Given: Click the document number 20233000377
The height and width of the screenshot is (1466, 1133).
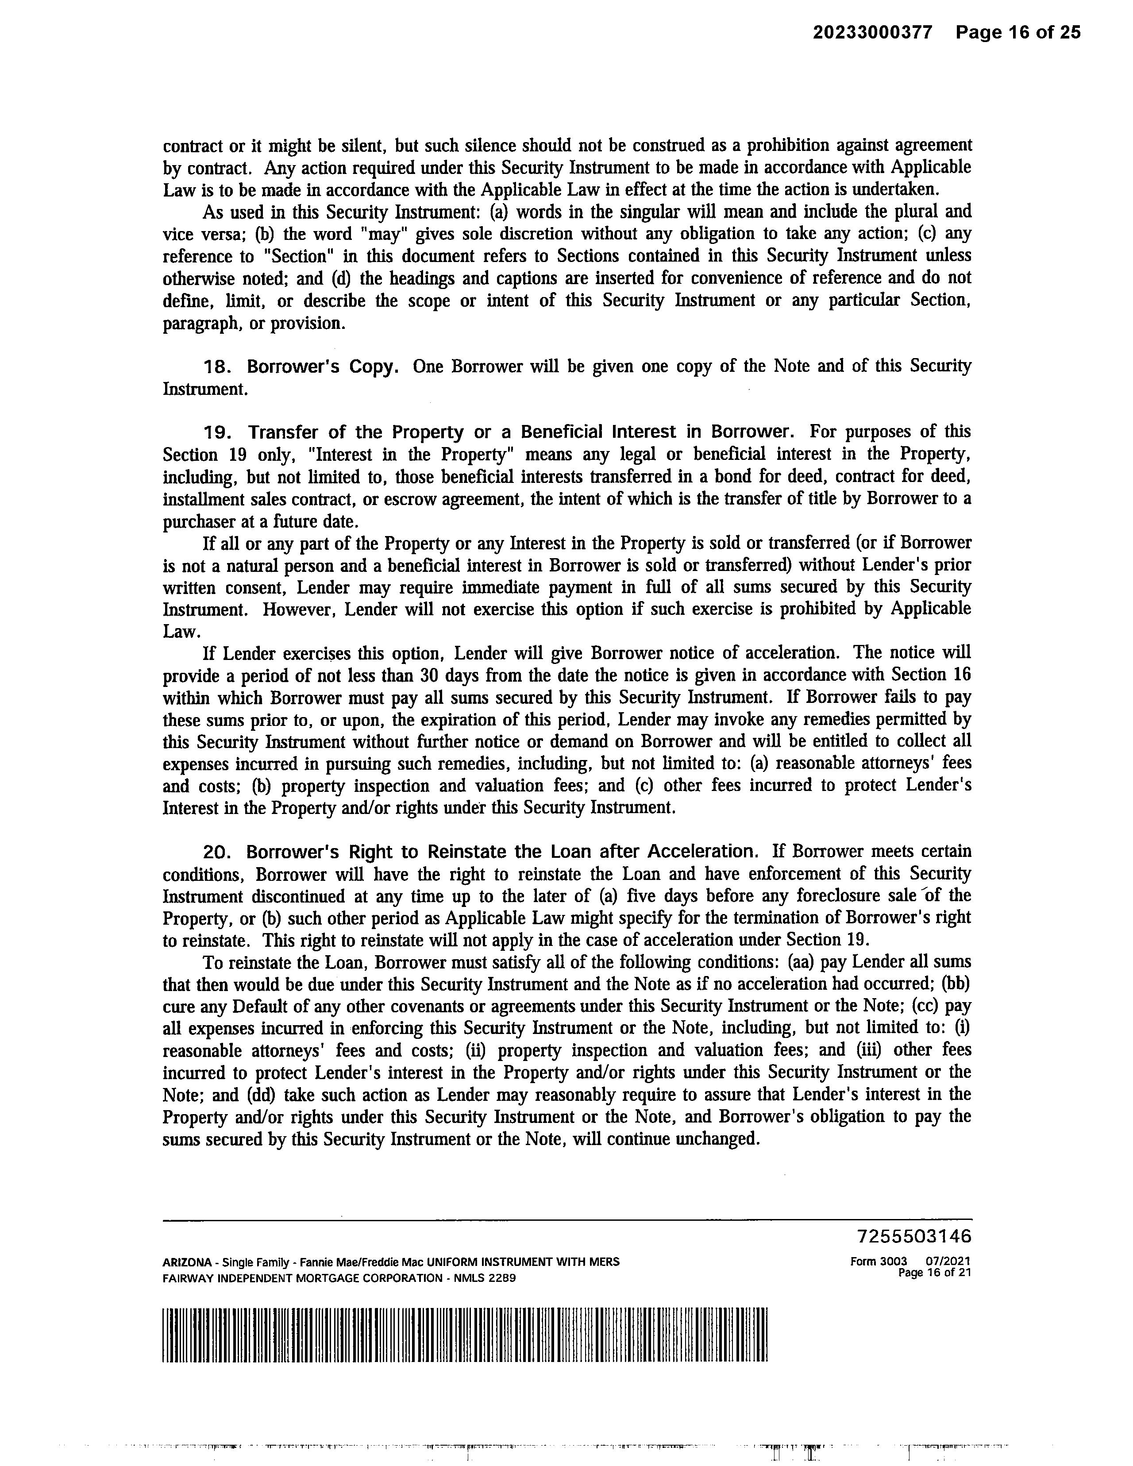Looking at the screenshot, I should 873,32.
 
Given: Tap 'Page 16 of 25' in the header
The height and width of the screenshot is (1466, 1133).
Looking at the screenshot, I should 1018,32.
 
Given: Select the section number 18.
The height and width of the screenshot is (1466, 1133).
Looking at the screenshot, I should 217,367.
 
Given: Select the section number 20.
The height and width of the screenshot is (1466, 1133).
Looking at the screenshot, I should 217,852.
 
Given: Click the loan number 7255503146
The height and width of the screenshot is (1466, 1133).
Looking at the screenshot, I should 914,1236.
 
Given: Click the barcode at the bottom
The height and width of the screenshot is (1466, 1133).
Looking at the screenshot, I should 464,1335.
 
